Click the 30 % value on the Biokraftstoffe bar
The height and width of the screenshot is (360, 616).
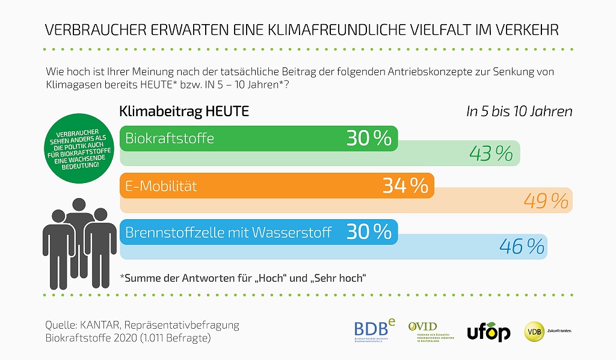pos(369,138)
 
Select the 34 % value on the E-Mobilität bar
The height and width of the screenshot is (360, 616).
pos(405,185)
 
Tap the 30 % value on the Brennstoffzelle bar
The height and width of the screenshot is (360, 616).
pos(369,232)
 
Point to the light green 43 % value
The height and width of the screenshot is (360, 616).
pos(491,154)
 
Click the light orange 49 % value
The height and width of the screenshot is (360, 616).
pos(546,201)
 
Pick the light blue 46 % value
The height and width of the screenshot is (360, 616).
pos(522,247)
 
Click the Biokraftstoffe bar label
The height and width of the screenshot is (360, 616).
pos(169,138)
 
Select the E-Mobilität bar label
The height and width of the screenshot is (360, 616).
pos(161,186)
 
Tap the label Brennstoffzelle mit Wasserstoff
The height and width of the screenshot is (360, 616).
pos(228,232)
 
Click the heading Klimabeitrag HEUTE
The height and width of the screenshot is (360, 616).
pos(184,112)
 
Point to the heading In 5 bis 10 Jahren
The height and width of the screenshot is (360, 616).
pos(519,112)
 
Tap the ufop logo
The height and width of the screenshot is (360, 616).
pos(488,332)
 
